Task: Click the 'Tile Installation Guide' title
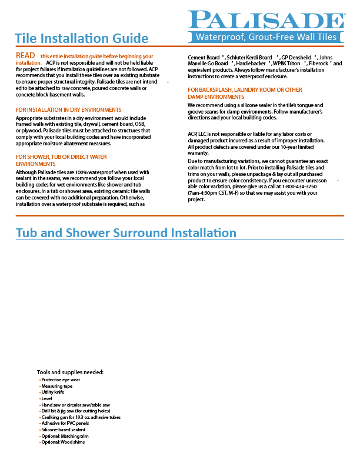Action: (x=81, y=39)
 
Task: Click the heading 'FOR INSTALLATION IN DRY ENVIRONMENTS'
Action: (x=69, y=110)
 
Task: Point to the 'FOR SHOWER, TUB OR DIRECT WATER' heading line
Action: (x=61, y=157)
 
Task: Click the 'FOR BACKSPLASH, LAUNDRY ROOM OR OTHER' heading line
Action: (x=245, y=90)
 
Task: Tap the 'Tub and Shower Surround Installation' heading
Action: (x=126, y=233)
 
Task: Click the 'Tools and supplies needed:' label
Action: (x=70, y=372)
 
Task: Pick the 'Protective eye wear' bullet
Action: (x=61, y=380)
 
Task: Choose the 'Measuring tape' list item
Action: (x=57, y=386)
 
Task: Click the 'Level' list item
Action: (x=47, y=398)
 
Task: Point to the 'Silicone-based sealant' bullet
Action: (x=63, y=430)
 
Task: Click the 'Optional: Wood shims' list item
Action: (x=63, y=442)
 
